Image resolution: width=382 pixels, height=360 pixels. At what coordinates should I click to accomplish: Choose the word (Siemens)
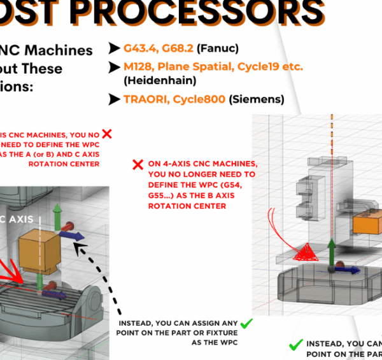(x=258, y=99)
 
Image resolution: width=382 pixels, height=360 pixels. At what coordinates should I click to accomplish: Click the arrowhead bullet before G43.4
(x=115, y=48)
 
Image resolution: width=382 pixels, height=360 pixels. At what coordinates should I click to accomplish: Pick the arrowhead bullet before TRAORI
(x=115, y=99)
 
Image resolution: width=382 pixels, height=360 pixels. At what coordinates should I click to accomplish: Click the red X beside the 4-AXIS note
(x=137, y=165)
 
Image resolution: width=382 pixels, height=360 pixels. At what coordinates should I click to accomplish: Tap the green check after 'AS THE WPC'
(x=247, y=324)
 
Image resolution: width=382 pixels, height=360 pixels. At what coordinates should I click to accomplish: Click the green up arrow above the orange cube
(x=57, y=214)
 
